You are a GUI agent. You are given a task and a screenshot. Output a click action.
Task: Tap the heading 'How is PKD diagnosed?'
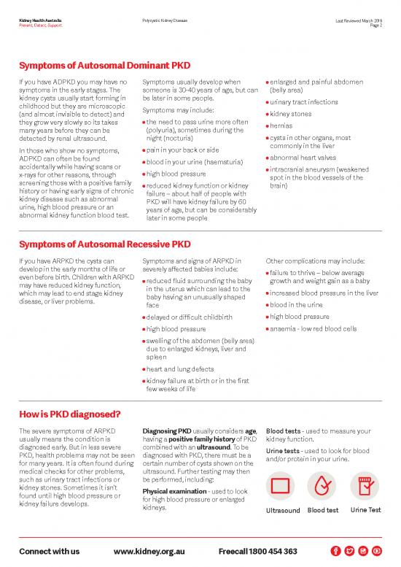coord(70,415)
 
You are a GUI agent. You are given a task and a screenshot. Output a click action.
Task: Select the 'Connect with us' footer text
coord(50,550)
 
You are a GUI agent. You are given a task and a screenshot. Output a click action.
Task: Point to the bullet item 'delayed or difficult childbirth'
coord(189,317)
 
